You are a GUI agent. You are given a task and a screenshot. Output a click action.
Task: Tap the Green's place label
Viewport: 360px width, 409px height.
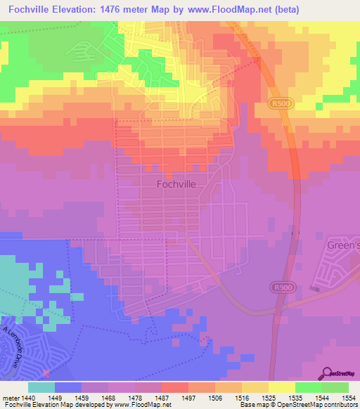tap(343, 245)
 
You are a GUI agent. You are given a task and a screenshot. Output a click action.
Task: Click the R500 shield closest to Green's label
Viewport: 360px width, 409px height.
tap(279, 287)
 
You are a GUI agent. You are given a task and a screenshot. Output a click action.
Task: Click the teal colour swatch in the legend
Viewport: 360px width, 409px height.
tap(41, 387)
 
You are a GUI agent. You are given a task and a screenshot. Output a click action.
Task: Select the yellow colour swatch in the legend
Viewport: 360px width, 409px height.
tap(281, 387)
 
